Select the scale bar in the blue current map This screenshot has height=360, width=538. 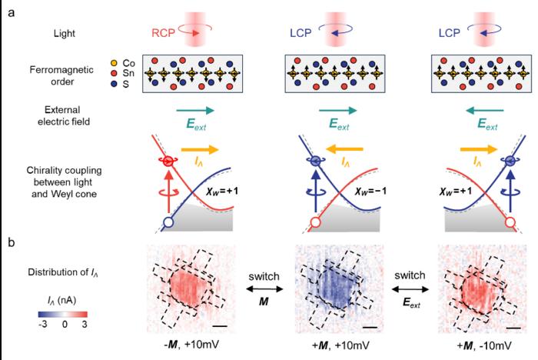pos(369,328)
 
